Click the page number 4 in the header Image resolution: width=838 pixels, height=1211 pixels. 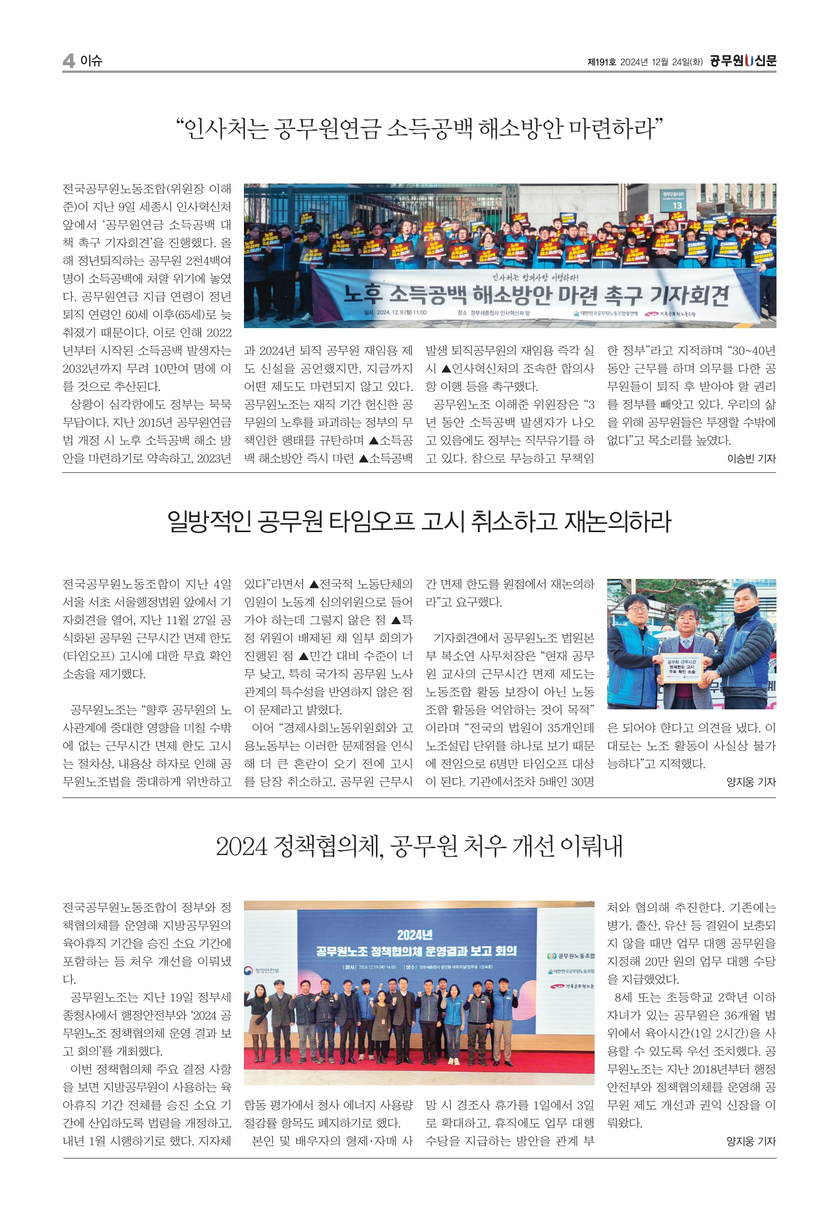click(68, 61)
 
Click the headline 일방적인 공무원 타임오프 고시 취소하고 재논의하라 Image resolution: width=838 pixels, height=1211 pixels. click(419, 522)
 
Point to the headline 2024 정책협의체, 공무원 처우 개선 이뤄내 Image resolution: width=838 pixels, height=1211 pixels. click(419, 846)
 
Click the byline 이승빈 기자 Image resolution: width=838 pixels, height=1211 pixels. click(751, 459)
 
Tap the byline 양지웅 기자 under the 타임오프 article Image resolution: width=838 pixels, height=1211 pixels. click(751, 782)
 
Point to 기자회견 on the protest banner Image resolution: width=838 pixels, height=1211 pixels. click(689, 296)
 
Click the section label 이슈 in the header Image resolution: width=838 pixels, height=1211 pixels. click(91, 61)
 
